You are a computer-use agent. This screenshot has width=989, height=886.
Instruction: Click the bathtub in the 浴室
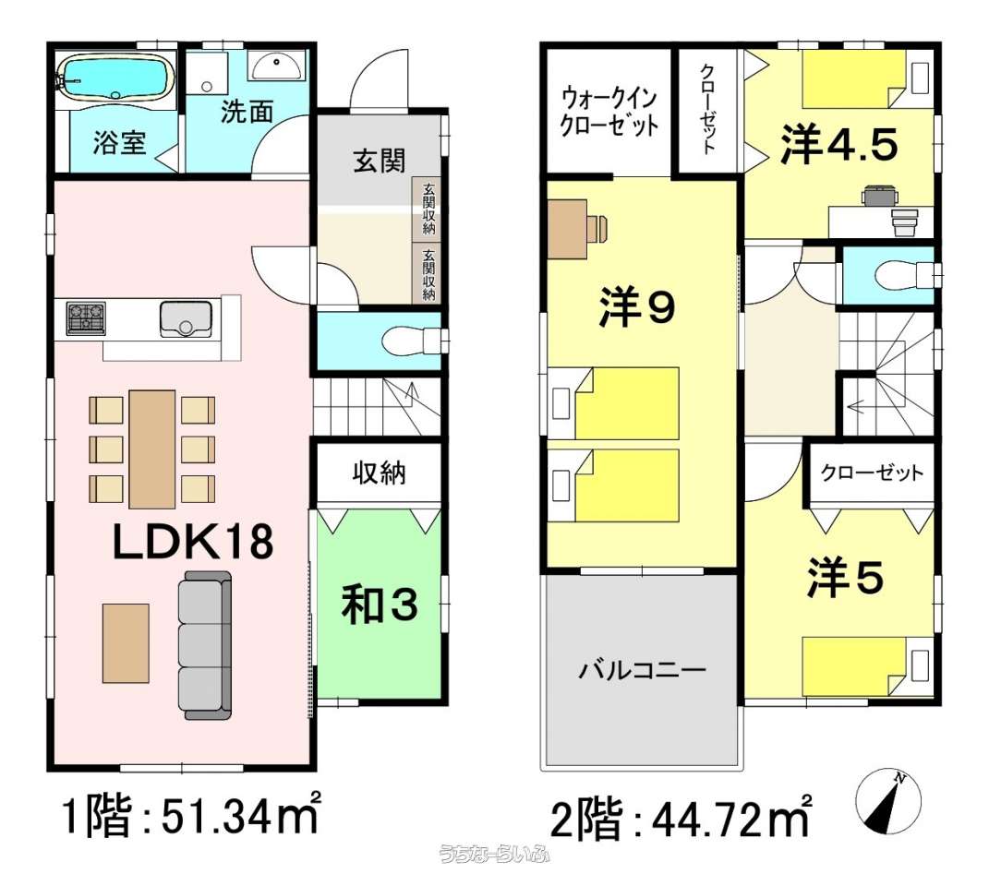pyautogui.click(x=115, y=78)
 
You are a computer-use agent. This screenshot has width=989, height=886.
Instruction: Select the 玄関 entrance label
pyautogui.click(x=379, y=162)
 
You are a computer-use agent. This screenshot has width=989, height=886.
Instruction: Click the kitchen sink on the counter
pyautogui.click(x=186, y=319)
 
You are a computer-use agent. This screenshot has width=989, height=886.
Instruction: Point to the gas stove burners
pyautogui.click(x=87, y=317)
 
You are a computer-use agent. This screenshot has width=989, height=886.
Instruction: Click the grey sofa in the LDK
pyautogui.click(x=206, y=645)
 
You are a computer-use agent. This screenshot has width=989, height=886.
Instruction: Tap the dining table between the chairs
pyautogui.click(x=152, y=449)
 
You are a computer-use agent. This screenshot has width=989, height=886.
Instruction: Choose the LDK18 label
pyautogui.click(x=193, y=542)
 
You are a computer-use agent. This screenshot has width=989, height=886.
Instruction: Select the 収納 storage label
pyautogui.click(x=379, y=473)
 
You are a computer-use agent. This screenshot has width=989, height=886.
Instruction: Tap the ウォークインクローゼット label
pyautogui.click(x=609, y=113)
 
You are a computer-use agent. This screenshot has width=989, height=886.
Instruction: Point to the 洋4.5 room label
pyautogui.click(x=839, y=145)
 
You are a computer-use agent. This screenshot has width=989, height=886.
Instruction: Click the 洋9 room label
pyautogui.click(x=638, y=307)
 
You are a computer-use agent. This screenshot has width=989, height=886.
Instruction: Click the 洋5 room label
pyautogui.click(x=845, y=579)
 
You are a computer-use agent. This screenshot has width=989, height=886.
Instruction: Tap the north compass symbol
pyautogui.click(x=888, y=802)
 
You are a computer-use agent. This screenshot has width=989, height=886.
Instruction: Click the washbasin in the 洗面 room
pyautogui.click(x=277, y=66)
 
